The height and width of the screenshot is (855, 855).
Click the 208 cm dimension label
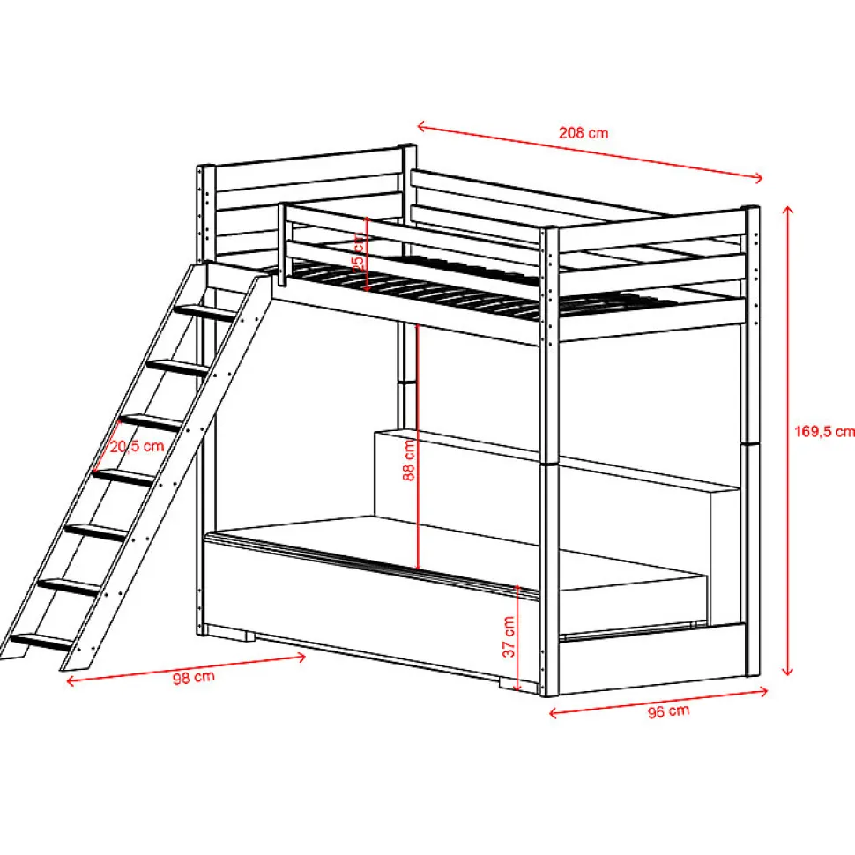[584, 133]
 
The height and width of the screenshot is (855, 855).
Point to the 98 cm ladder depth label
[193, 677]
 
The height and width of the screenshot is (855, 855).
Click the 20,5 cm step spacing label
[138, 446]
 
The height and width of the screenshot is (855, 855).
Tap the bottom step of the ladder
[39, 642]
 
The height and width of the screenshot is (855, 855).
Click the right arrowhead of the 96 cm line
[762, 694]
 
